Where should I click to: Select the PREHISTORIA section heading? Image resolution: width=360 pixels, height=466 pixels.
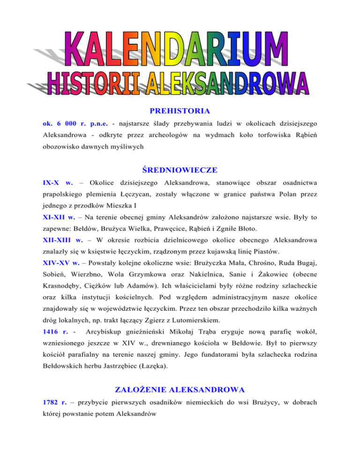pyautogui.click(x=180, y=112)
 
